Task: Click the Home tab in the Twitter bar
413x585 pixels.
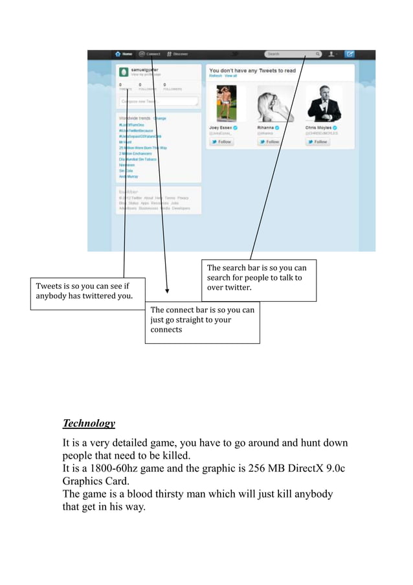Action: [124, 54]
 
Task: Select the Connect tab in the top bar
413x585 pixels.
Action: [150, 54]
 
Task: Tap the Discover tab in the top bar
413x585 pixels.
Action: [177, 54]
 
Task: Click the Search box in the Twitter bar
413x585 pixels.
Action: [292, 54]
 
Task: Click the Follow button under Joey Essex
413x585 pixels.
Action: [221, 141]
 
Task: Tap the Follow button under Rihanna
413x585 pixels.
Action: [270, 141]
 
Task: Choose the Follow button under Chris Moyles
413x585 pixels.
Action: [318, 141]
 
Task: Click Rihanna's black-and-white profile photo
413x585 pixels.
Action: [273, 104]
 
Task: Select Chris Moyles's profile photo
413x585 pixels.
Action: [324, 104]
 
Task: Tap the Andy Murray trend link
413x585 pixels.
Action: [128, 176]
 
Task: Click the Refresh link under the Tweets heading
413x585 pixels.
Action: [214, 76]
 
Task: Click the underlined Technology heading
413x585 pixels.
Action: [89, 424]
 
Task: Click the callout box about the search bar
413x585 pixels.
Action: [258, 280]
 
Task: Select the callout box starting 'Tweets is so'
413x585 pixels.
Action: [88, 293]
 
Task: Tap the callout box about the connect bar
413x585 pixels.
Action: [202, 321]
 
